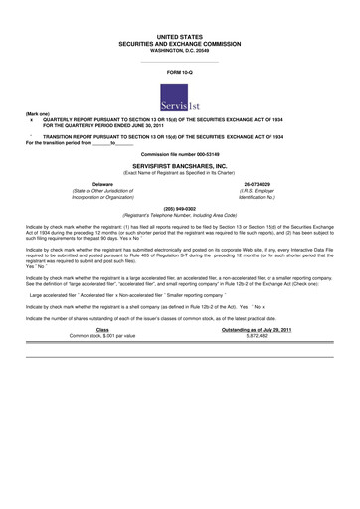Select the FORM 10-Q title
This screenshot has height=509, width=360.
[x=179, y=74]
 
